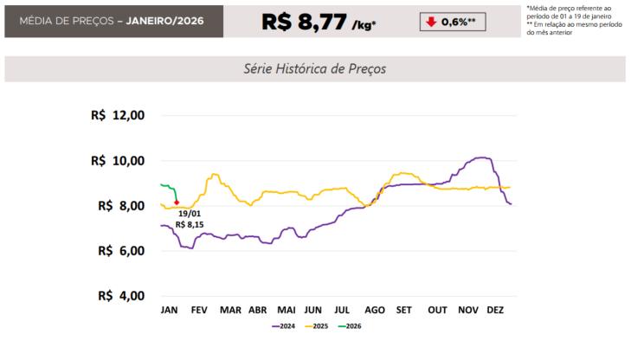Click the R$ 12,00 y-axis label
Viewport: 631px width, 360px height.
click(x=118, y=116)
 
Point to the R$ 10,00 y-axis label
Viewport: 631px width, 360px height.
click(x=118, y=161)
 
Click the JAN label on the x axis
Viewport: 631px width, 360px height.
click(x=170, y=310)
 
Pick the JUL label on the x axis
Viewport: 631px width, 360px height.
click(x=342, y=310)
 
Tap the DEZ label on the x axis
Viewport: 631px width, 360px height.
click(x=496, y=310)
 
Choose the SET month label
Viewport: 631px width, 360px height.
click(x=403, y=310)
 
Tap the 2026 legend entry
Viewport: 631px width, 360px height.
click(x=351, y=326)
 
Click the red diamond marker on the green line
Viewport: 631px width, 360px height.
click(x=177, y=202)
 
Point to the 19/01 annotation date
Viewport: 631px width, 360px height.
click(x=190, y=213)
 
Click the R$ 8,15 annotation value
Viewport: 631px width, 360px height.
click(x=190, y=224)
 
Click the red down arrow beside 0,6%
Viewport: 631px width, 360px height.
click(x=430, y=21)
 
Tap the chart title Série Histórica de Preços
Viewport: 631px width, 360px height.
click(x=315, y=68)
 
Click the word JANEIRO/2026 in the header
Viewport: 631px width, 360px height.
click(x=164, y=20)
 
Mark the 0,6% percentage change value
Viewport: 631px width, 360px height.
click(x=459, y=21)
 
